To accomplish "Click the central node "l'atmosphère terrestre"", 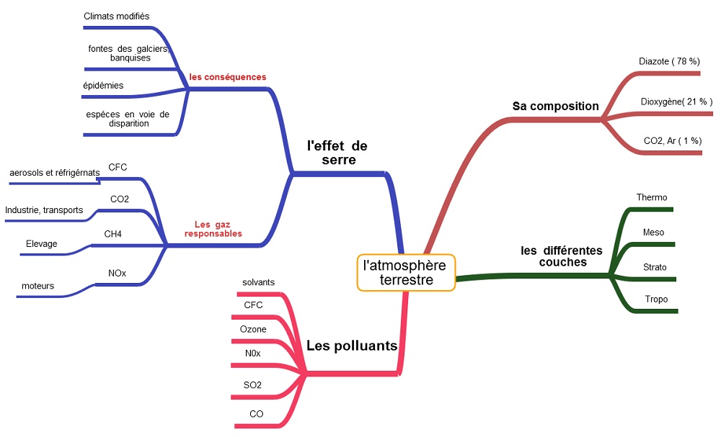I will pyautogui.click(x=406, y=272).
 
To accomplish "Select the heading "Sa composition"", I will pyautogui.click(x=555, y=106).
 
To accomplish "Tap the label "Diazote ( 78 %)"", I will pyautogui.click(x=669, y=61).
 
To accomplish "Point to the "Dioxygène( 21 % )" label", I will pyautogui.click(x=676, y=102).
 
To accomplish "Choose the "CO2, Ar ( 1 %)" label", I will pyautogui.click(x=672, y=141).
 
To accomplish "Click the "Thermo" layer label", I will pyautogui.click(x=652, y=197).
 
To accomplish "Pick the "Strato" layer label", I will pyautogui.click(x=655, y=267).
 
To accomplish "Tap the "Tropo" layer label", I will pyautogui.click(x=656, y=299).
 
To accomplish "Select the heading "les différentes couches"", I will pyautogui.click(x=562, y=256).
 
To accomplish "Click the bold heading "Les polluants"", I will pyautogui.click(x=352, y=346).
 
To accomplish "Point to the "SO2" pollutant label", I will pyautogui.click(x=253, y=385).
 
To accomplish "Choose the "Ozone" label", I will pyautogui.click(x=253, y=329).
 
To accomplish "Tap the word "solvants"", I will pyautogui.click(x=259, y=283).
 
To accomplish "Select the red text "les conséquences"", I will pyautogui.click(x=228, y=77).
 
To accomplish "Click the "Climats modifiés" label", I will pyautogui.click(x=117, y=16).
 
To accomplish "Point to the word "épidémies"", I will pyautogui.click(x=103, y=85).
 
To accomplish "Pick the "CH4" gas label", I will pyautogui.click(x=113, y=233).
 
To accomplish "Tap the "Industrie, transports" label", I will pyautogui.click(x=44, y=210).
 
